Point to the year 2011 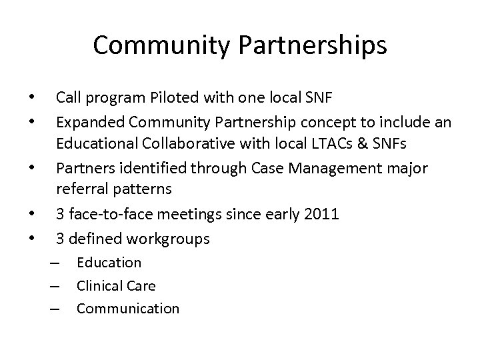(x=322, y=214)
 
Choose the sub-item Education (x=109, y=263)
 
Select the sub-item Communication (x=127, y=309)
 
